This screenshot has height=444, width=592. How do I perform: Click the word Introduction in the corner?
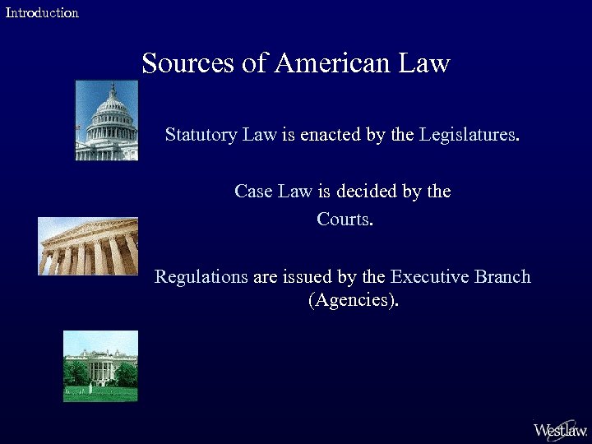[x=42, y=12]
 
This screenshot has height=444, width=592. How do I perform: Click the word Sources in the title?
[x=188, y=62]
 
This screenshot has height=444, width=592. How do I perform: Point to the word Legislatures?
[x=469, y=134]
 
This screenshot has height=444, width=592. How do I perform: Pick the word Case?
[x=252, y=192]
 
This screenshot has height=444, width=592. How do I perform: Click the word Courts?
[x=345, y=220]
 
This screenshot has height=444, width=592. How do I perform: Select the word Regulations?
[x=201, y=277]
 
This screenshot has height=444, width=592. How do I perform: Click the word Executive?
[x=430, y=277]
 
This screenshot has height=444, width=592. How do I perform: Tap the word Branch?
[x=502, y=277]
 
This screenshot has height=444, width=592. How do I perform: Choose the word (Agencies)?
[x=354, y=301]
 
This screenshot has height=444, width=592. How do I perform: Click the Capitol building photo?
[x=106, y=120]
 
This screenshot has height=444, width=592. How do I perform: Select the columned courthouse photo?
[x=88, y=246]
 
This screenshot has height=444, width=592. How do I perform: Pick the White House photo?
[x=100, y=366]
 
